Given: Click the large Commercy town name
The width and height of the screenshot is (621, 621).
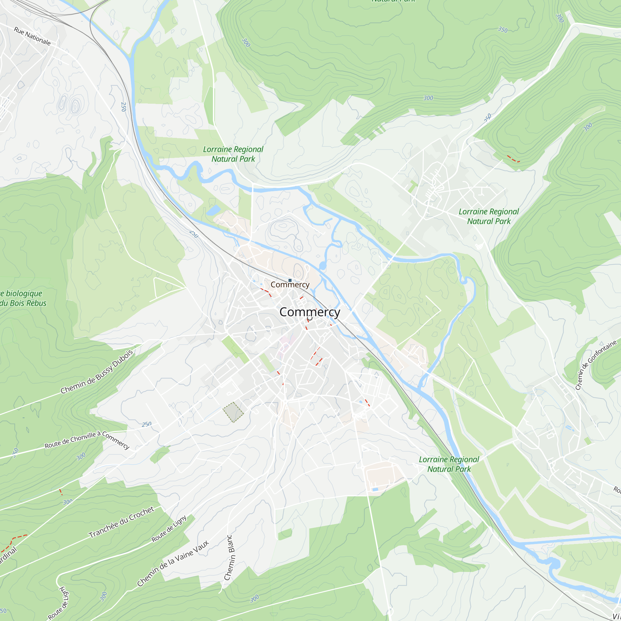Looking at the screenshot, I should (310, 312).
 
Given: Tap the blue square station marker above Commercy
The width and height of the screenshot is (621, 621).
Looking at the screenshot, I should (290, 280).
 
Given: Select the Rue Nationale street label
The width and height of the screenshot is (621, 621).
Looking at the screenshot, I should (32, 36).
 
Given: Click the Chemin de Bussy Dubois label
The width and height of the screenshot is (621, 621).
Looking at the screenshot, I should (97, 372).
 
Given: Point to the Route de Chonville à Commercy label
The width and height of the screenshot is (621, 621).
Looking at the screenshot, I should (87, 440).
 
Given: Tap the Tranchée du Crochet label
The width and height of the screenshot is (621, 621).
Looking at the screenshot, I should (121, 522).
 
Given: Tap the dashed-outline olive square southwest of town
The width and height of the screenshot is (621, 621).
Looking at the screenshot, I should (233, 412).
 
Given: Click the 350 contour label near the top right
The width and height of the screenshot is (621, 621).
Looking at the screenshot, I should (503, 30).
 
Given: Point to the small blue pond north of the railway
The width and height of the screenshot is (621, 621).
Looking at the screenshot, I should (213, 210).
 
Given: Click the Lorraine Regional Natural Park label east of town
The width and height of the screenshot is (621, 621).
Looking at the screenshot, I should (488, 216).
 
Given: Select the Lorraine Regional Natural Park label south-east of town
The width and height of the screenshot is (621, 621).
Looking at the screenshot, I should (449, 464).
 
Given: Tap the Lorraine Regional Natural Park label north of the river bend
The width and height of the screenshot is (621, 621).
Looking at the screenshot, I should (233, 154).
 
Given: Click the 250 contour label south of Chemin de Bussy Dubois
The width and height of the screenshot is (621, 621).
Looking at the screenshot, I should (147, 424).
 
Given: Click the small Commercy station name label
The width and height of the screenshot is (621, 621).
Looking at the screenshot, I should (290, 285).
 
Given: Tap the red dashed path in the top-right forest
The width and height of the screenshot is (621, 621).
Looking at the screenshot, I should (513, 159).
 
